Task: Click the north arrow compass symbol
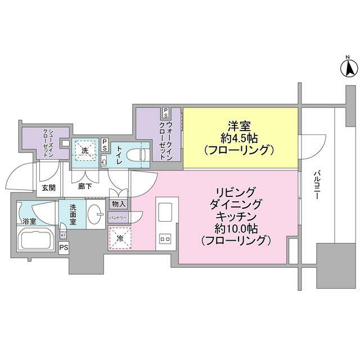[349, 67]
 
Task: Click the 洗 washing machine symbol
[85, 151]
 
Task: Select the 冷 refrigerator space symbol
[119, 239]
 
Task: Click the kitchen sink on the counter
[166, 211]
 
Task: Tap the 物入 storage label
[119, 204]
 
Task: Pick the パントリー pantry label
[118, 217]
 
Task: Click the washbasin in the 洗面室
[97, 215]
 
